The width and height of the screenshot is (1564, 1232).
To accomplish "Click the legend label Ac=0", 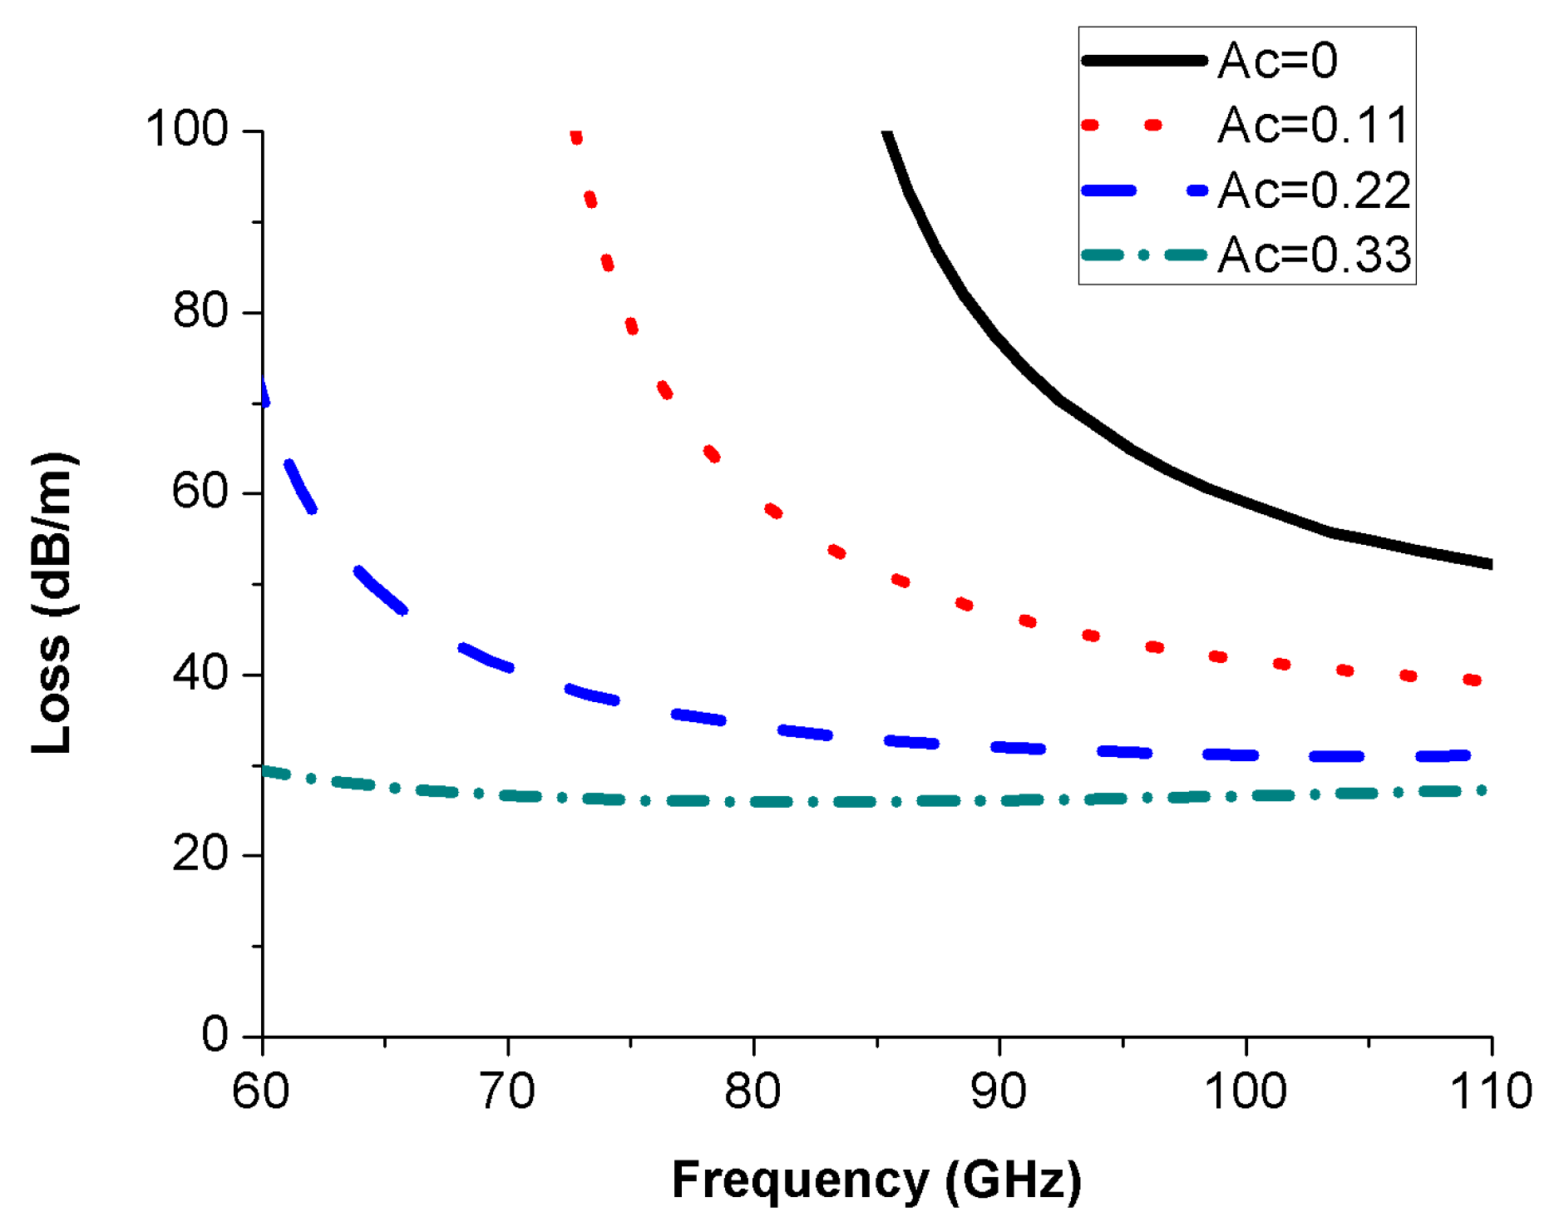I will point(1277,61).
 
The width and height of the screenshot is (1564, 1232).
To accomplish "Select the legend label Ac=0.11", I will point(1314,126).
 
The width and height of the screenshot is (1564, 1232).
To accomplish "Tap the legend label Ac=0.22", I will point(1314,190).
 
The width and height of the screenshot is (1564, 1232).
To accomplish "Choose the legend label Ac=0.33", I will point(1314,255).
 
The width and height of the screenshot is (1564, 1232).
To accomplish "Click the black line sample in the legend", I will point(1144,61).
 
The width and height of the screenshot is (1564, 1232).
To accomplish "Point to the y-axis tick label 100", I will point(186,130).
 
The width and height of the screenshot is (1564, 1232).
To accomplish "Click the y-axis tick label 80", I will point(200,311).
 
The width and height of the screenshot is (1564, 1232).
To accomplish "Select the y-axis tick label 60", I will point(200,492).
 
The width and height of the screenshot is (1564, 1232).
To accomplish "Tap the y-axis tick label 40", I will point(200,673).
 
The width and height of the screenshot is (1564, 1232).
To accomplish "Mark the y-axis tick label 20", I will point(200,854).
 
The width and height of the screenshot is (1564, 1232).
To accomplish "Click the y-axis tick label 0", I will point(215,1035).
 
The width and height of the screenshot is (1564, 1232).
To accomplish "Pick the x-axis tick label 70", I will point(507,1091).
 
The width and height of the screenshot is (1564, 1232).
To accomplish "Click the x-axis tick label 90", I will point(999,1091).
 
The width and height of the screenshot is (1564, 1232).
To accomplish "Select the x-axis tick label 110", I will point(1490,1091).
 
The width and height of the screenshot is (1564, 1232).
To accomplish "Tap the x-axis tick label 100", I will point(1245,1091).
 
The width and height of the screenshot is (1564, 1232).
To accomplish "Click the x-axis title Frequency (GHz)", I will point(876,1180).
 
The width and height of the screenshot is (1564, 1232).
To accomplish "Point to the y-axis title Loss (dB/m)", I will point(52,603).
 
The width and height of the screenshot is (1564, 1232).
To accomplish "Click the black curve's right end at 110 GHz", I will point(1488,564).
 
